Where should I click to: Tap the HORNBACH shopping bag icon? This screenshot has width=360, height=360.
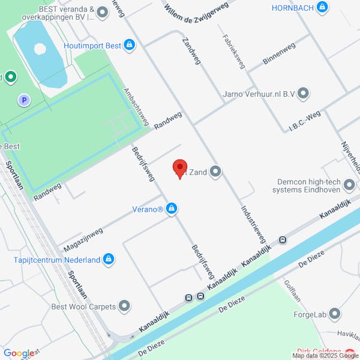(323, 8)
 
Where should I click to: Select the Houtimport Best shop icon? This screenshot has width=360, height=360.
(129, 45)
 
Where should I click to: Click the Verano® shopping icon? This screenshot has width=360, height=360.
(172, 209)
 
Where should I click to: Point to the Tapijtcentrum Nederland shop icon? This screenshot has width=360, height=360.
(108, 259)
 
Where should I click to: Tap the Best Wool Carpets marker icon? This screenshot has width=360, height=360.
(124, 307)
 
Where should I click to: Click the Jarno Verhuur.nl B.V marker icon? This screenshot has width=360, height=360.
(303, 93)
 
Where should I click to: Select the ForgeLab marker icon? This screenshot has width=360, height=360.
(335, 313)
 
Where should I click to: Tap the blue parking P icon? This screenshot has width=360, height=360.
(24, 101)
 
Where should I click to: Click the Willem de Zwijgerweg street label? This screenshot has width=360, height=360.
(188, 13)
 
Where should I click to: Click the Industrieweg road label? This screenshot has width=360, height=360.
(253, 222)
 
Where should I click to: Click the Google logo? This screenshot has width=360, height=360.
(18, 353)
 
